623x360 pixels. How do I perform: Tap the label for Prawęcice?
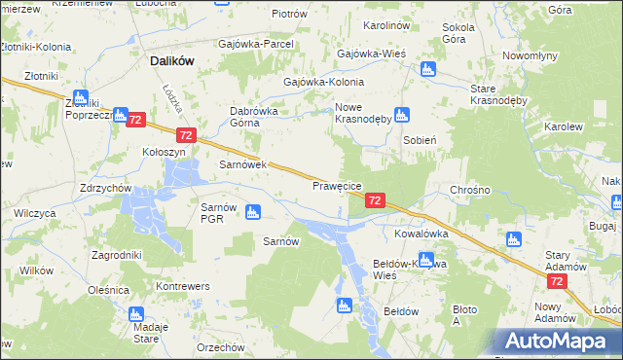click(337, 185)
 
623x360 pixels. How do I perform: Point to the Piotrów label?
click(288, 14)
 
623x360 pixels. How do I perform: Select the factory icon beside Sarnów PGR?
click(253, 211)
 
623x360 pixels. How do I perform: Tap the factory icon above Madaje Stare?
click(135, 315)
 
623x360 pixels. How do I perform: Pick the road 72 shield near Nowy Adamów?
click(557, 281)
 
